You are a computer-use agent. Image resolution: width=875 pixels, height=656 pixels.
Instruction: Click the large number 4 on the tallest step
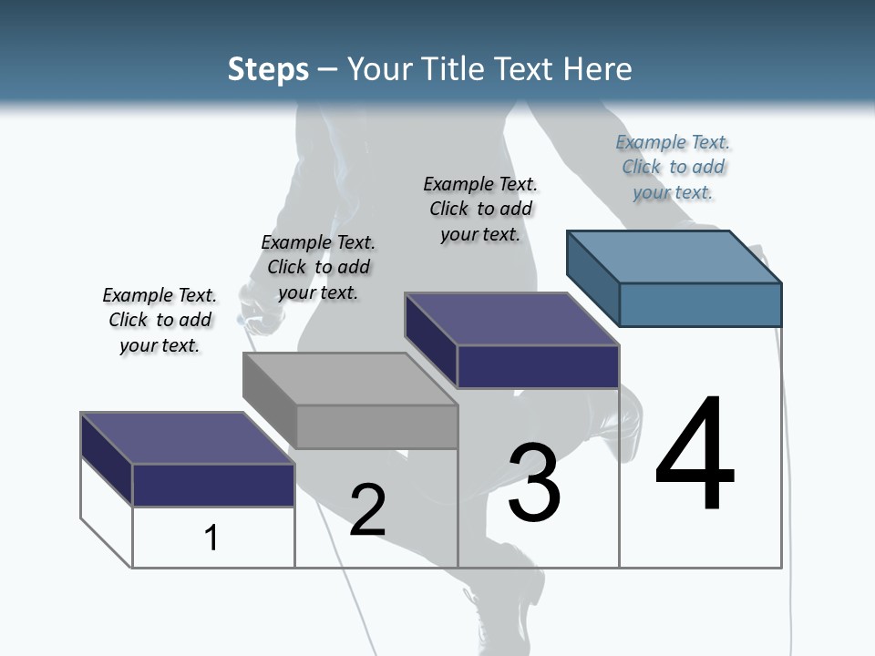695,455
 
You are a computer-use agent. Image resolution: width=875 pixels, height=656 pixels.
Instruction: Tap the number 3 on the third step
534,483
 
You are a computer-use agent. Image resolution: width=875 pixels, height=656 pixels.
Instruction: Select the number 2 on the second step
367,509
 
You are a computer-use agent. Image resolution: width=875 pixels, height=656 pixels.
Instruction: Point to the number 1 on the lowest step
211,538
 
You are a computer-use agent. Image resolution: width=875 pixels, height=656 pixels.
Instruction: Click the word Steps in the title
268,69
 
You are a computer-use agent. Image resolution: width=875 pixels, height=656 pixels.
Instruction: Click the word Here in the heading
597,69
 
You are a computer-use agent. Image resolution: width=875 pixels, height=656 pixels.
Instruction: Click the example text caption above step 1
160,320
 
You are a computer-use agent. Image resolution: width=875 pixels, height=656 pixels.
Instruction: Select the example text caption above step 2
318,267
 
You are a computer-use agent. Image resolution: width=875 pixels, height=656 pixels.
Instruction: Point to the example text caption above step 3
480,209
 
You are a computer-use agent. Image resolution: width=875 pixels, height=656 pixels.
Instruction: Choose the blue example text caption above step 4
673,167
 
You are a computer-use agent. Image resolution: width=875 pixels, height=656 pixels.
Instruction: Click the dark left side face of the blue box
592,273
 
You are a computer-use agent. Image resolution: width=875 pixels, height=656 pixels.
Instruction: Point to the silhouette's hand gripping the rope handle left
255,305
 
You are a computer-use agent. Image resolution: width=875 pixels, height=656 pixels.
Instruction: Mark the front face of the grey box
377,426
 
